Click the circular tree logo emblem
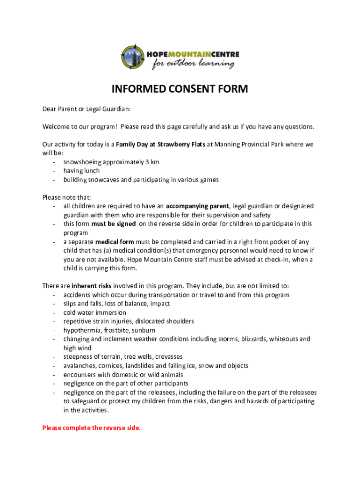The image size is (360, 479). point(132,57)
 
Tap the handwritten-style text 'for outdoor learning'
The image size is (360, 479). point(193,64)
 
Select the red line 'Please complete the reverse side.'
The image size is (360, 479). point(91,428)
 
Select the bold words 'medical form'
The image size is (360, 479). point(115,242)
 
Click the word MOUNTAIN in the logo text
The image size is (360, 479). point(189,54)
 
